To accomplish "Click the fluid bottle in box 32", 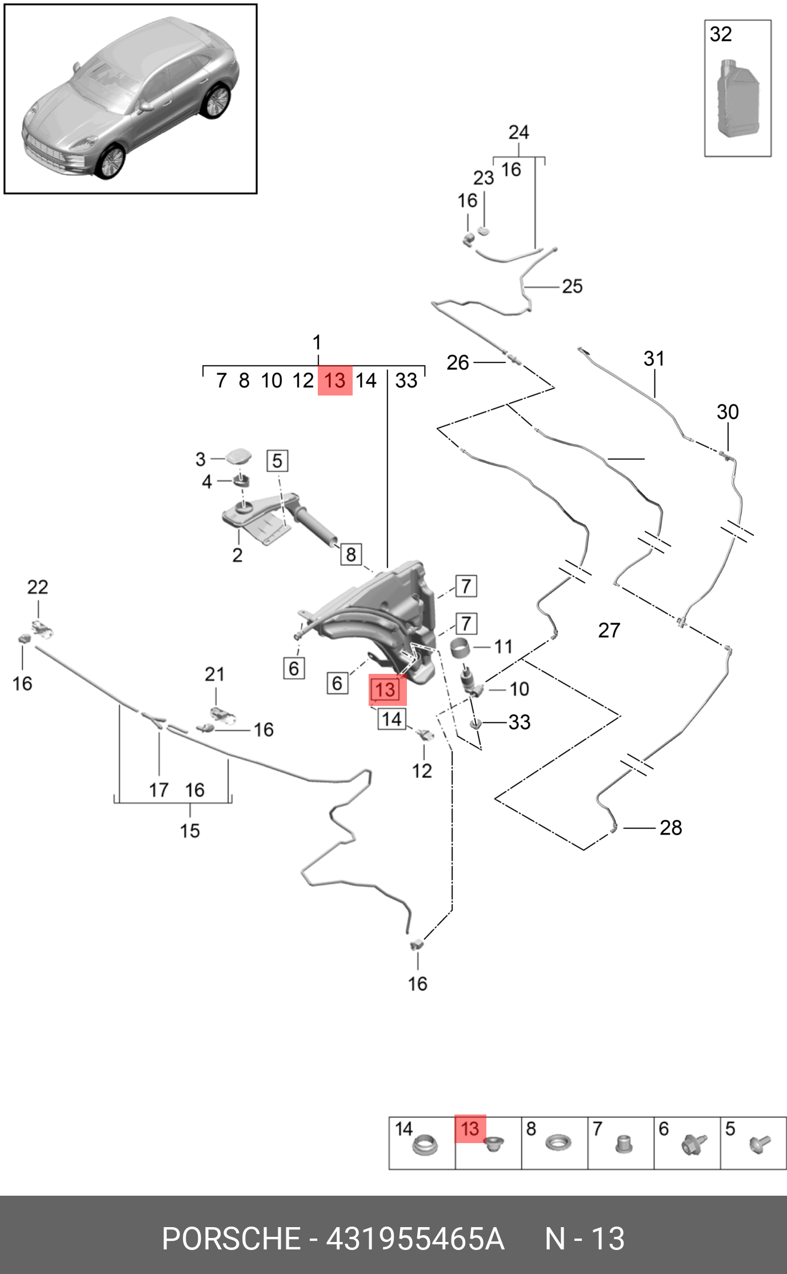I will coord(738,98).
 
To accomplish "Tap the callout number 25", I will coord(572,286).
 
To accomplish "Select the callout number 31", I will coord(654,359).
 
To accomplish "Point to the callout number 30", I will coord(728,412).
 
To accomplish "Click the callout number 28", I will coord(670,828).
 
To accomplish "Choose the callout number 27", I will coord(609,630).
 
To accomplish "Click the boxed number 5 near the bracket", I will coord(277,461).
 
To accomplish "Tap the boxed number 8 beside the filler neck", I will coord(351,554).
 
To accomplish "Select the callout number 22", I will coord(38,587).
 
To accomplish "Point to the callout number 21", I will coord(214,674).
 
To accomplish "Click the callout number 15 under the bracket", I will coord(190,830).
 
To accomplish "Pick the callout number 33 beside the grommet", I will coord(519,722).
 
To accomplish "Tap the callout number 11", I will coord(503,646).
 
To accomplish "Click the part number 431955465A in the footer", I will coord(415,1239).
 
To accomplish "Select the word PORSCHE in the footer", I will coord(231,1239).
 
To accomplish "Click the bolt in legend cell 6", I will coord(694,1144).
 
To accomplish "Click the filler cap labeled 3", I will coord(239,457).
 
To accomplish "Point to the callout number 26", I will coord(457,362).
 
